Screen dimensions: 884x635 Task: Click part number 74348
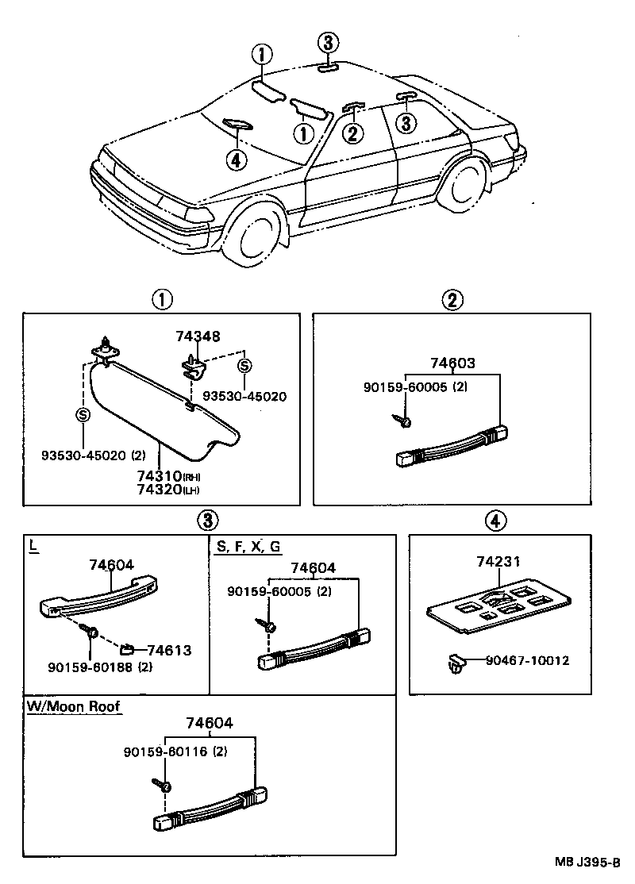point(200,337)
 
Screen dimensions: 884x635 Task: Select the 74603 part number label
point(452,363)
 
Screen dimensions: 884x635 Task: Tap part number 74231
point(498,562)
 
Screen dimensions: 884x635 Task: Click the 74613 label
point(169,651)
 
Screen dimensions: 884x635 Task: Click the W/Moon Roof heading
point(74,705)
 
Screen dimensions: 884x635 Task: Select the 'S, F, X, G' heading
point(247,547)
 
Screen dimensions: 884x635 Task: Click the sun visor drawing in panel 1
point(159,413)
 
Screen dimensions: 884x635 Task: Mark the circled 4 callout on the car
point(236,160)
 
